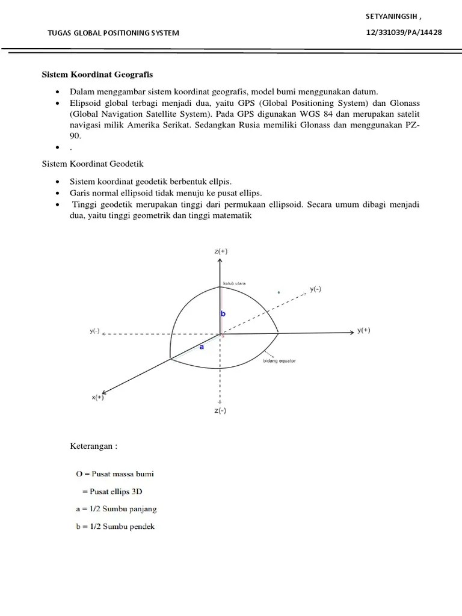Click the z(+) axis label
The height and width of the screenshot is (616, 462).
221,251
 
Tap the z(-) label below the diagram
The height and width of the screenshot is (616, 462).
220,411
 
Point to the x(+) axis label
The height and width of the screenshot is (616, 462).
97,397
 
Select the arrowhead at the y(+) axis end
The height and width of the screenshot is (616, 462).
350,331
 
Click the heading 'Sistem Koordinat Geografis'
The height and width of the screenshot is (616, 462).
97,75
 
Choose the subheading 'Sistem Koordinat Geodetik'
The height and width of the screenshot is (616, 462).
92,164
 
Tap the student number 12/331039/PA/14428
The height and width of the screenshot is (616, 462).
404,32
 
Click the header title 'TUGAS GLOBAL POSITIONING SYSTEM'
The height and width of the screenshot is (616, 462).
114,32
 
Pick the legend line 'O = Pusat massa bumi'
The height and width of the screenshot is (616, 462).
114,474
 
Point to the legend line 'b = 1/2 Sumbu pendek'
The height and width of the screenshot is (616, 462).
115,526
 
